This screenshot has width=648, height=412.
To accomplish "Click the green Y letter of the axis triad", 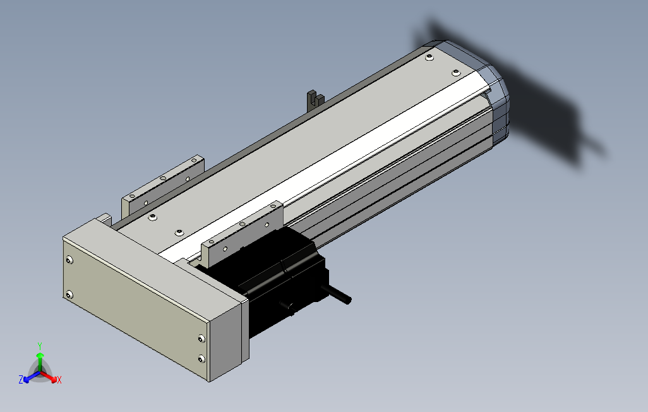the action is (40, 346).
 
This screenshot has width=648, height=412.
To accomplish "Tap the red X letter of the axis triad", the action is (59, 380).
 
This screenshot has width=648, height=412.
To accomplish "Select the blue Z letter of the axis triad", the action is (21, 379).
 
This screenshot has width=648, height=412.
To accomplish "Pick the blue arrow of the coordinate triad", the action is (32, 377).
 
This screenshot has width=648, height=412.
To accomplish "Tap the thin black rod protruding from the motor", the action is (339, 294).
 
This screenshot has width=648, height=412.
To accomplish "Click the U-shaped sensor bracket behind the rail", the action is (315, 100).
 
